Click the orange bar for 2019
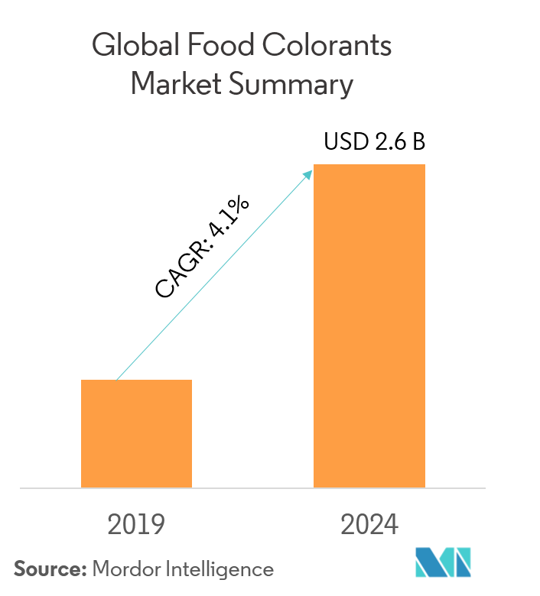coord(136,433)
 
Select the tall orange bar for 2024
coord(369,326)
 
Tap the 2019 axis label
coord(136,525)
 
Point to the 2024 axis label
coord(369,525)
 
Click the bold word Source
coord(47,569)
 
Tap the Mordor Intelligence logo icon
coord(444,562)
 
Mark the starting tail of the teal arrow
coord(117,379)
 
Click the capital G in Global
coord(102,47)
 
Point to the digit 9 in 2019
coord(157,525)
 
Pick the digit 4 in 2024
coord(390,525)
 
